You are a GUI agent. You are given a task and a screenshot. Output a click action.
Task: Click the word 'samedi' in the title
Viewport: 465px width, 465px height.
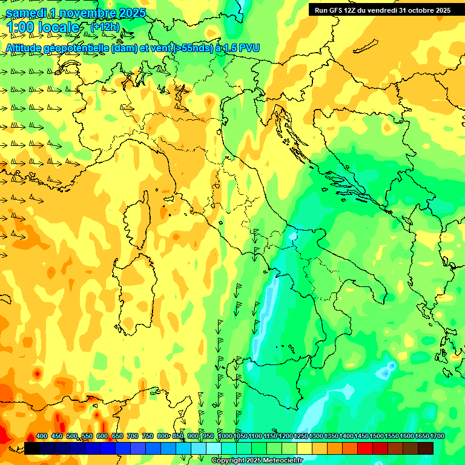(x=21, y=13)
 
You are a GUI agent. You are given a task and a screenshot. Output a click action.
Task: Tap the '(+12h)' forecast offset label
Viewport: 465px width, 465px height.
(x=105, y=27)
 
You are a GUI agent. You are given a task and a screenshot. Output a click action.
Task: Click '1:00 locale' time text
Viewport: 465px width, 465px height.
(x=43, y=27)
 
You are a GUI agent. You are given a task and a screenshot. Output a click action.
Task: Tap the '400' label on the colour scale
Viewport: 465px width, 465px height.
(x=42, y=437)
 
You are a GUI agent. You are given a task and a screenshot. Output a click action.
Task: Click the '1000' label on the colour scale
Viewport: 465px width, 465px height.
(x=225, y=437)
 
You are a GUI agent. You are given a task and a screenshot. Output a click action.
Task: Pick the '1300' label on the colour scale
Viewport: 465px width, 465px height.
(x=316, y=437)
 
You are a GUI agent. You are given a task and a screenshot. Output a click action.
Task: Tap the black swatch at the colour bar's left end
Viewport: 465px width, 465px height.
(x=32, y=448)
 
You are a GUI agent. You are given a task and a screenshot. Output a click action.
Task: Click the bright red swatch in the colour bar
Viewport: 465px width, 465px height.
(x=365, y=448)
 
